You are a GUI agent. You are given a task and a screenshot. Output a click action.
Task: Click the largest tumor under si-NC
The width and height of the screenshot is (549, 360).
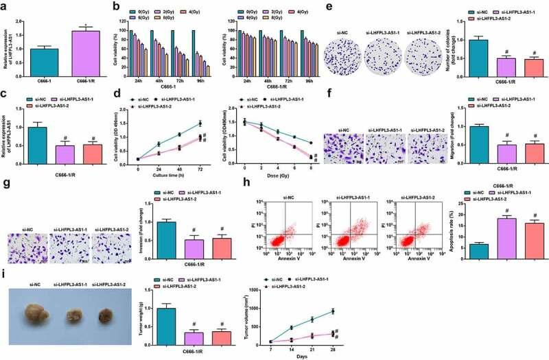pos(38,320)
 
